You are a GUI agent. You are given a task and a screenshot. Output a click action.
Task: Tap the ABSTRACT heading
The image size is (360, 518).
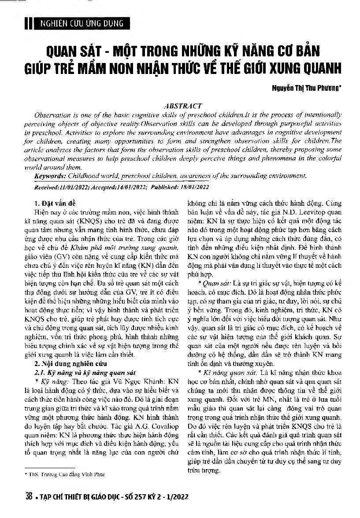point(183,106)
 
